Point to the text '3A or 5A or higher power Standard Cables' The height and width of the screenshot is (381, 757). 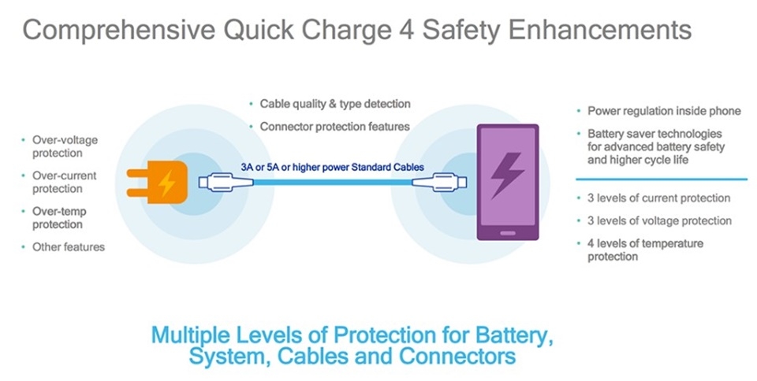[x=333, y=167]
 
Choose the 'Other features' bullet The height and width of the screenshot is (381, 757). [x=68, y=246]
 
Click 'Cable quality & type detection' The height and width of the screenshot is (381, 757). [x=335, y=104]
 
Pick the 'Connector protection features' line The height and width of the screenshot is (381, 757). [x=335, y=126]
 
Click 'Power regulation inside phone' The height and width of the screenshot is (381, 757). [x=664, y=111]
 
